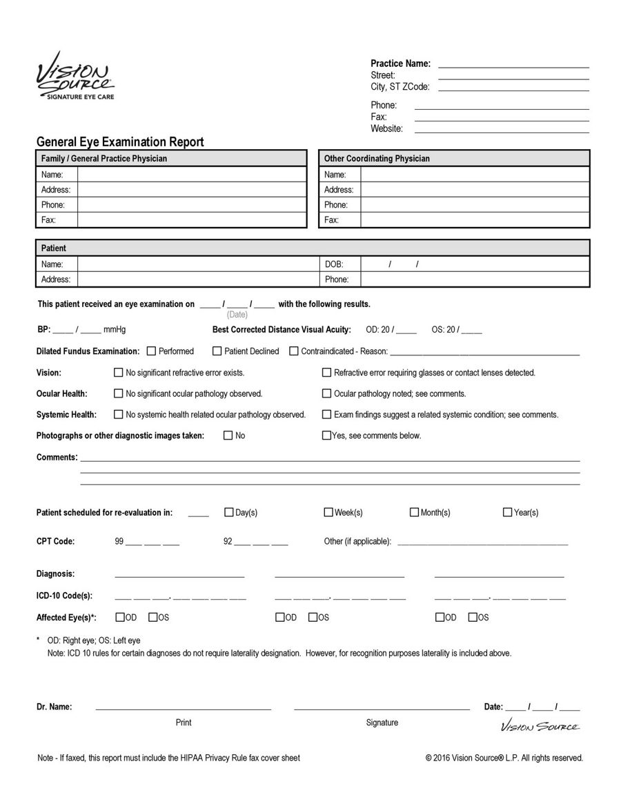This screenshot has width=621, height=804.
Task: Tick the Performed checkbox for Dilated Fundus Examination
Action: click(152, 351)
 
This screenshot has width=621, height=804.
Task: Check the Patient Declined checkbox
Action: click(217, 351)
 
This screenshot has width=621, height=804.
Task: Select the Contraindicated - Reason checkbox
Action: click(294, 351)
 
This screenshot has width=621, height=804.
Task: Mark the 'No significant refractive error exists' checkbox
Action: click(119, 373)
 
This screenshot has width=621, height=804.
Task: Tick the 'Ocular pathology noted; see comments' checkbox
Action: click(327, 394)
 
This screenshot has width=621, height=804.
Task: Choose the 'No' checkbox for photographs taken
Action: click(228, 435)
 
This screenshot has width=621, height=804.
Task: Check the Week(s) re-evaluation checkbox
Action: click(328, 512)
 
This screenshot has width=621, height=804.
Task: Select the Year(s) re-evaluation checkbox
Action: click(508, 512)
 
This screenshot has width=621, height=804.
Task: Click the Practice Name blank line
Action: click(513, 64)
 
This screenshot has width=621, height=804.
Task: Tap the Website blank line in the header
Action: click(502, 129)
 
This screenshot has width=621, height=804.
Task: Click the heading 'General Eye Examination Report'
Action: click(120, 142)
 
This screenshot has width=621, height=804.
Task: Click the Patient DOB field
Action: click(475, 264)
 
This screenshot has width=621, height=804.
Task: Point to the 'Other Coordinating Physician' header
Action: click(377, 159)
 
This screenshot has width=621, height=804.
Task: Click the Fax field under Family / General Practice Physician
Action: click(191, 220)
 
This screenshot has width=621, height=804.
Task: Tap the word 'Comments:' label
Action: click(57, 458)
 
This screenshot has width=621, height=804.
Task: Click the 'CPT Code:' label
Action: click(55, 542)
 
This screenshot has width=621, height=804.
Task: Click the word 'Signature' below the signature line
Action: click(382, 723)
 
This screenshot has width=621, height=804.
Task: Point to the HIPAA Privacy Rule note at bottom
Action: click(169, 758)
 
